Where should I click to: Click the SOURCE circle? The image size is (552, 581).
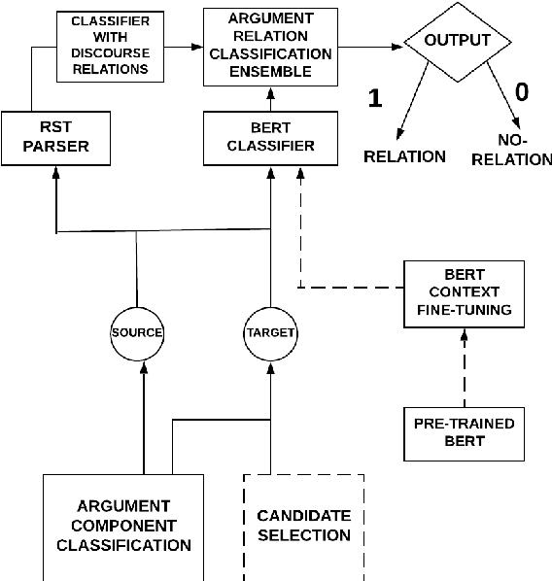click(136, 332)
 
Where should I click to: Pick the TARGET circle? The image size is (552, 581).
click(268, 332)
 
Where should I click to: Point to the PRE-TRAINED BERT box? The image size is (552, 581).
click(463, 432)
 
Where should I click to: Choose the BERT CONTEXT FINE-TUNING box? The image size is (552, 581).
click(463, 292)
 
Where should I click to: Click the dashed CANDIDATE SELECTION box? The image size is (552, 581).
click(302, 525)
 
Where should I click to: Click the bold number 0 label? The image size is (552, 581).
click(521, 92)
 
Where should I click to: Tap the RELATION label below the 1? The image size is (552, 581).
click(404, 156)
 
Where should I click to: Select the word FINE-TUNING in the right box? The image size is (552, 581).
click(463, 310)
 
